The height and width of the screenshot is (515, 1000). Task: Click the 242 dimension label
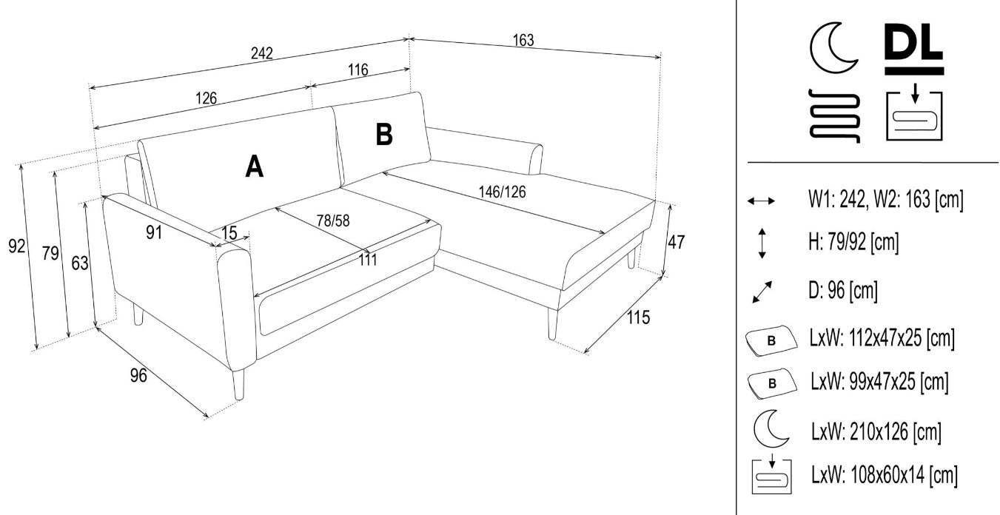[261, 53]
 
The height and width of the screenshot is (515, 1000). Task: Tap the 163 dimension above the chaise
[523, 40]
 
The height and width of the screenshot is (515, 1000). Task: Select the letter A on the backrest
[255, 166]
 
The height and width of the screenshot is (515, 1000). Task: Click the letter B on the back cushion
[384, 134]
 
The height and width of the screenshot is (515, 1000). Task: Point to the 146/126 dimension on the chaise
[503, 192]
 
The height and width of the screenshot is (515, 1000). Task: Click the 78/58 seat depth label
[333, 221]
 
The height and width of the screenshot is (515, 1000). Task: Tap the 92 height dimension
[16, 246]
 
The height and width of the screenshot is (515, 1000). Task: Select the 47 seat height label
[676, 242]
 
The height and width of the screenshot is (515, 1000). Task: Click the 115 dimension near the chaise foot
[638, 317]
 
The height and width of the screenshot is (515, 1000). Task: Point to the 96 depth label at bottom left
[138, 375]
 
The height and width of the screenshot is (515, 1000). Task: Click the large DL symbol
[914, 50]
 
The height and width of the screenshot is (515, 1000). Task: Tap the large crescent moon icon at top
[832, 48]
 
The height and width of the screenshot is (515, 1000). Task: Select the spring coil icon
[834, 115]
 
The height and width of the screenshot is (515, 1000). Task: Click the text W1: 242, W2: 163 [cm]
[886, 199]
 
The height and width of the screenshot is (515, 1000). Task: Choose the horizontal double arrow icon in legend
[761, 201]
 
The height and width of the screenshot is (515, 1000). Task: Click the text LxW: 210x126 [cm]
[876, 431]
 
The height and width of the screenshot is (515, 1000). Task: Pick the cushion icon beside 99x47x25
[772, 383]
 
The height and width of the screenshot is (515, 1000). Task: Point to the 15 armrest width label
[229, 232]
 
